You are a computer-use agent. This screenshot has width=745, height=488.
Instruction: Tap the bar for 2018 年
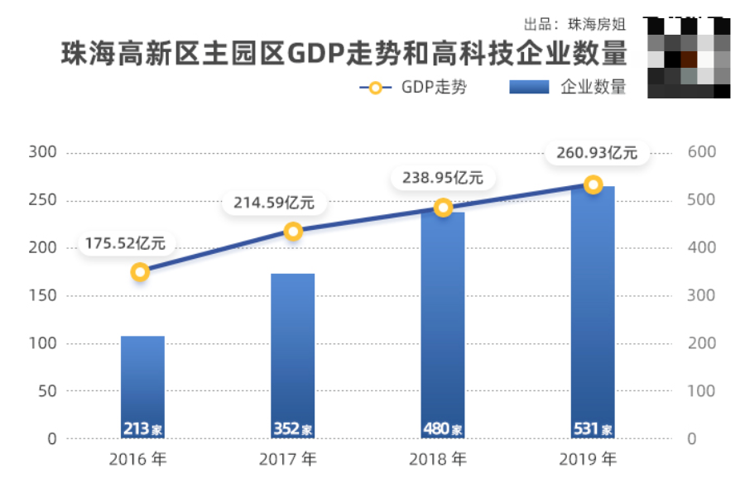(443, 323)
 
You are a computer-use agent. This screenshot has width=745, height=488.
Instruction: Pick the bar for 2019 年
(594, 310)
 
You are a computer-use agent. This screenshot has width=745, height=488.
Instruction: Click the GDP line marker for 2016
(141, 272)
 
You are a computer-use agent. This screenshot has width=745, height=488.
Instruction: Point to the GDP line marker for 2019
(593, 184)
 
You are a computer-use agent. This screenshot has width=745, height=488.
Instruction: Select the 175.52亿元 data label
(124, 244)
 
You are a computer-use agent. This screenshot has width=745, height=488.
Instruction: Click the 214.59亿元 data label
(274, 202)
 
